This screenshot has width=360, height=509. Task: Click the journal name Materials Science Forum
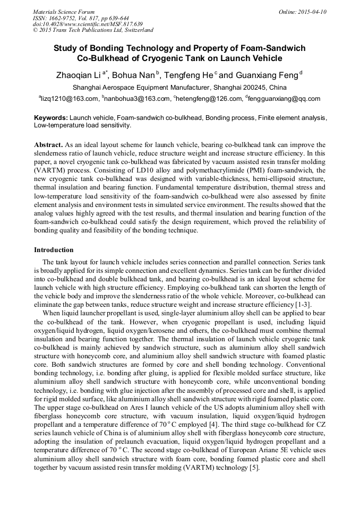pos(64,12)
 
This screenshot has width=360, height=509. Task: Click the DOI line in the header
pos(88,24)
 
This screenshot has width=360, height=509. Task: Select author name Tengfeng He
pos(188,75)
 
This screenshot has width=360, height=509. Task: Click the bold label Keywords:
pos(50,117)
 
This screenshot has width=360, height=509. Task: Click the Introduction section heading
pos(54,250)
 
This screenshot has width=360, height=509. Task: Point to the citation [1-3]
pos(303,305)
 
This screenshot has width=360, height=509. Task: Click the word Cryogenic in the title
pos(158,58)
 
